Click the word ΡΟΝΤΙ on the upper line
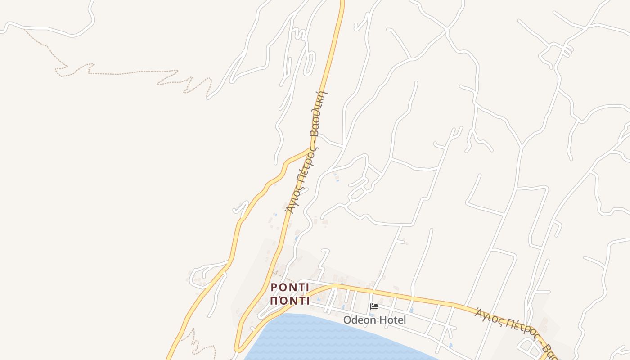pos(290,288)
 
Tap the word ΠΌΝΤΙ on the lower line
pos(290,301)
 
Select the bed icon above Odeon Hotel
pos(374,307)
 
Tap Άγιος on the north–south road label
pos(292,201)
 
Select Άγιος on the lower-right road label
pos(489,314)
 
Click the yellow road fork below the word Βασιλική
pos(311,148)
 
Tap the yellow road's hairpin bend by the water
pos(237,349)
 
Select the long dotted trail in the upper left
pos(117,72)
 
